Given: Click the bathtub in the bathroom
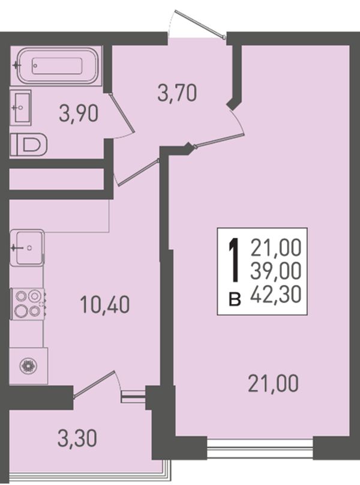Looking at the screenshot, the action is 57,65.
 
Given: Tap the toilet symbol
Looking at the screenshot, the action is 28,144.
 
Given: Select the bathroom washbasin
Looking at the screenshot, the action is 21,107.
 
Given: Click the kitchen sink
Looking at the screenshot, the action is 27,247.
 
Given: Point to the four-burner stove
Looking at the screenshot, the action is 28,304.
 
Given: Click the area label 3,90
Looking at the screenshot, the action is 79,114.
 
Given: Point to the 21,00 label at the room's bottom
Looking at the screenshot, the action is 273,384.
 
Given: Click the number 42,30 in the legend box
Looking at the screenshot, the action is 276,294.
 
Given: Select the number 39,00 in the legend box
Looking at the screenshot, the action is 276,271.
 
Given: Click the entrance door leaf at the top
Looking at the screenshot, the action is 199,24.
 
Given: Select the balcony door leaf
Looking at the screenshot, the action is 95,383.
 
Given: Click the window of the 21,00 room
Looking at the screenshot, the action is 260,448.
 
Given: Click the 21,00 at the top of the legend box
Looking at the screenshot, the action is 276,249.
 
